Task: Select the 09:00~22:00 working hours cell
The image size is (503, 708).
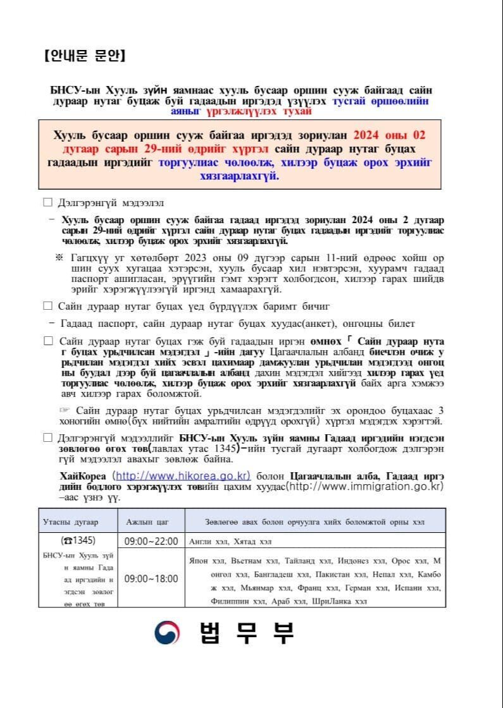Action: pos(151,541)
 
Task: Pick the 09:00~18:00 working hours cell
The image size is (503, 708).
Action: pos(151,578)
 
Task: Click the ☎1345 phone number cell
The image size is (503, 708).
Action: pos(78,541)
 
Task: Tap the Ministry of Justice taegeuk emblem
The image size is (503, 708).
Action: pos(168,632)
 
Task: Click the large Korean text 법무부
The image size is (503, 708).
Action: pos(247,632)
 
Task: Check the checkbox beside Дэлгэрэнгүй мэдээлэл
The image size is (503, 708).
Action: pos(47,203)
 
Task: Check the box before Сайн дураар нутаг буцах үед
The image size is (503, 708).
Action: pos(47,306)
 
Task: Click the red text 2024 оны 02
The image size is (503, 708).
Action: pos(389,135)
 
